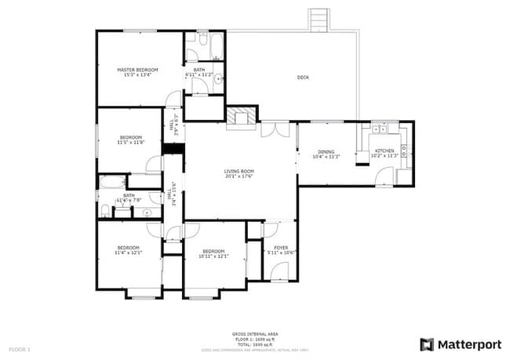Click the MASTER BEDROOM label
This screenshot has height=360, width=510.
pyautogui.click(x=137, y=71)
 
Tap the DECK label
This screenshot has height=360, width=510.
pyautogui.click(x=302, y=77)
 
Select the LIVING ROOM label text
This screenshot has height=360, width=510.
pyautogui.click(x=240, y=170)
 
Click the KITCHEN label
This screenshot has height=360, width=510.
pyautogui.click(x=384, y=151)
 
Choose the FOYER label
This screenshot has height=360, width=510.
pyautogui.click(x=280, y=247)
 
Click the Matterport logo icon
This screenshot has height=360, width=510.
pyautogui.click(x=426, y=344)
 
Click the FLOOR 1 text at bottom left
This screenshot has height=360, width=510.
pyautogui.click(x=19, y=348)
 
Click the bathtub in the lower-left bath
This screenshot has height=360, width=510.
pyautogui.click(x=111, y=184)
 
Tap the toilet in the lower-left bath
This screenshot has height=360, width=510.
pyautogui.click(x=105, y=210)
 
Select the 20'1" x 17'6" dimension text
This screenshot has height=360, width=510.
pyautogui.click(x=240, y=176)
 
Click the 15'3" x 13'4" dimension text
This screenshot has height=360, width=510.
pyautogui.click(x=137, y=76)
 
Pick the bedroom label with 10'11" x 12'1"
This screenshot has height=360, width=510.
pyautogui.click(x=213, y=253)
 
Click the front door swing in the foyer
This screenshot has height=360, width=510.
pyautogui.click(x=279, y=272)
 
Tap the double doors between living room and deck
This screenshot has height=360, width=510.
pyautogui.click(x=275, y=129)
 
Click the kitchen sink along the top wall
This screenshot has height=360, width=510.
pyautogui.click(x=380, y=128)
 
